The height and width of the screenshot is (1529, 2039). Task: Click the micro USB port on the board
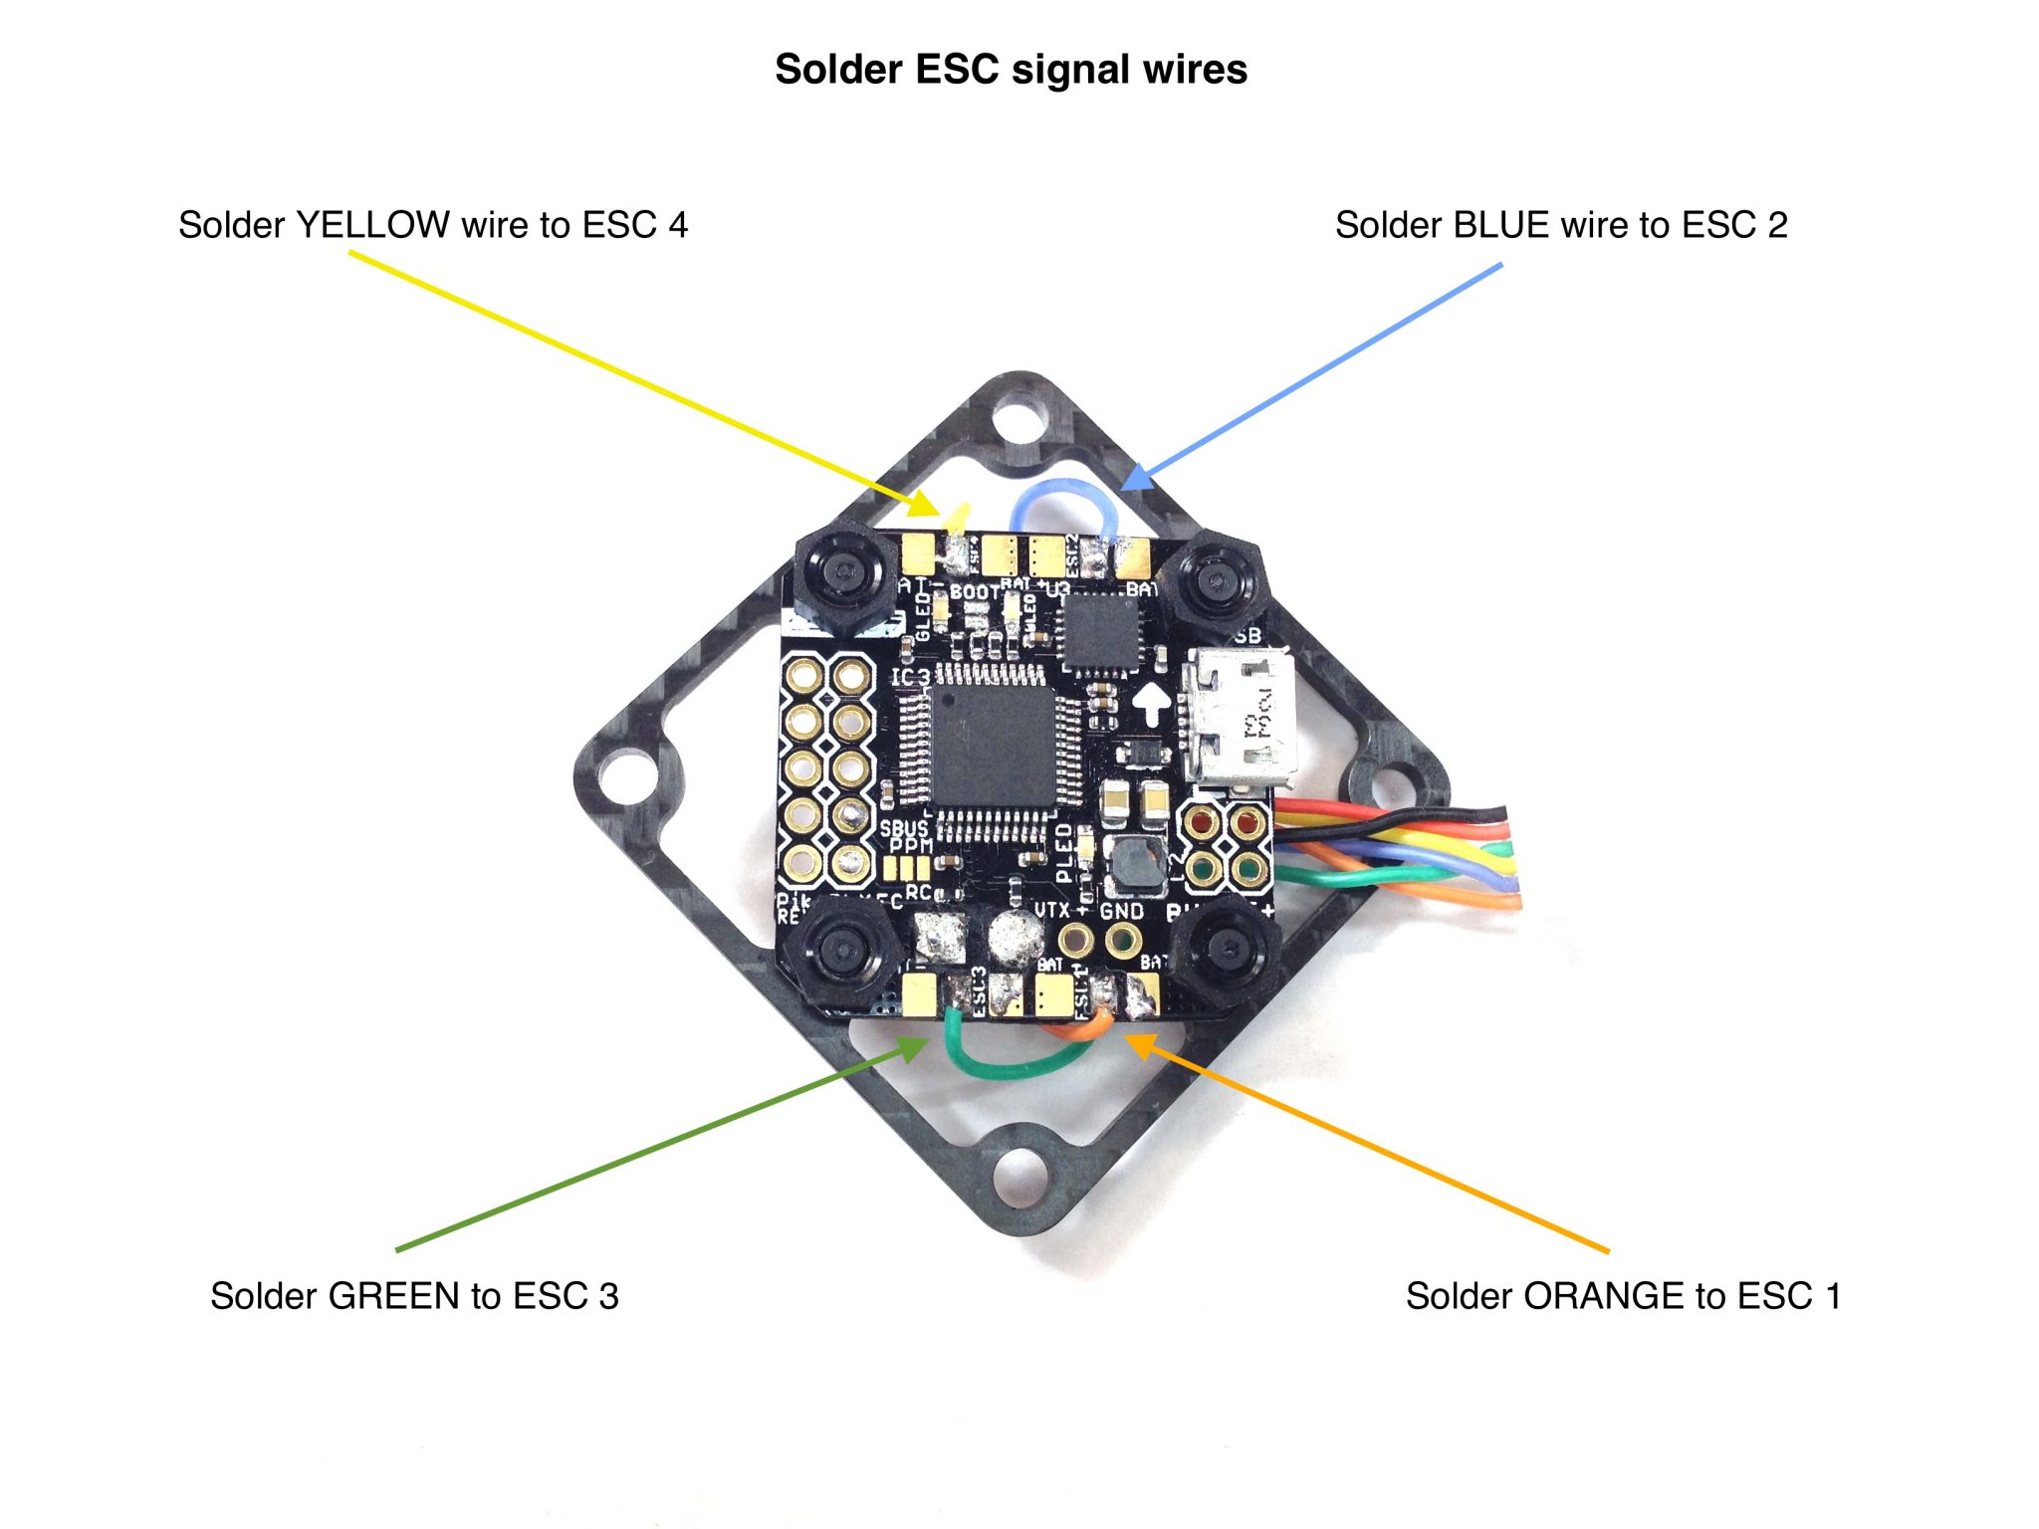point(1239,719)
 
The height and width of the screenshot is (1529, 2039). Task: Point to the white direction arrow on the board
point(1152,702)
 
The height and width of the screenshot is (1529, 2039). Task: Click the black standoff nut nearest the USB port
point(1215,579)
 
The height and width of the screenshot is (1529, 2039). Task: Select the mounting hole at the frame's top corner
point(1019,417)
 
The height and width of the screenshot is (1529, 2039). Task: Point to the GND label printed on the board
point(1122,911)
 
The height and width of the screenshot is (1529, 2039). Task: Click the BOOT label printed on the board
point(974,591)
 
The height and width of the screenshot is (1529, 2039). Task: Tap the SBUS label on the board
point(903,828)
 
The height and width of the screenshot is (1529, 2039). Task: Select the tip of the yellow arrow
point(938,514)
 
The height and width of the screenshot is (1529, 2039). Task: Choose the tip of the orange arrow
point(1126,1036)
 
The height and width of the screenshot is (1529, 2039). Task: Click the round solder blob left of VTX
point(1015,936)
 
